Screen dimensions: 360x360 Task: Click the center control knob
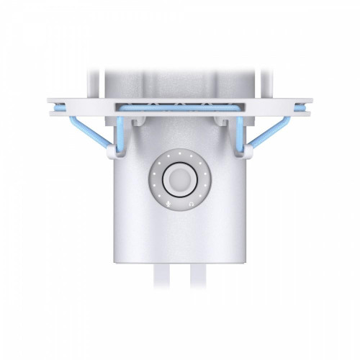click(x=179, y=181)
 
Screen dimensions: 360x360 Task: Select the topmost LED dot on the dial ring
click(x=179, y=153)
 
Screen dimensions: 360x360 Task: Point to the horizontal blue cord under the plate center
click(x=179, y=106)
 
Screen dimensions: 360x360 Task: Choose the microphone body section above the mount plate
click(x=179, y=83)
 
